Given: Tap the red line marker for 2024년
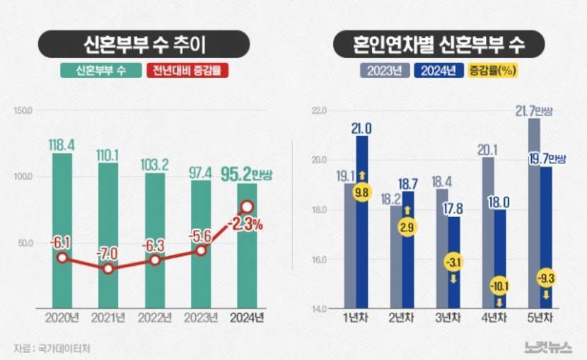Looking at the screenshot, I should (x=248, y=207).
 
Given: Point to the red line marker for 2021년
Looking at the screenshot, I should (x=108, y=269).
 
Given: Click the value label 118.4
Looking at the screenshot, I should (x=62, y=144).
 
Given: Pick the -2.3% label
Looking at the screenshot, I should (x=245, y=225).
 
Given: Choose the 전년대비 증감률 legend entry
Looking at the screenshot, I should (x=189, y=71).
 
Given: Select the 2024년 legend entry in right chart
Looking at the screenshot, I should (x=437, y=71).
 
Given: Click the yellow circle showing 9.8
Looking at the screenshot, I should (x=362, y=191).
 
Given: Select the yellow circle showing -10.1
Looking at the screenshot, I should (x=500, y=286).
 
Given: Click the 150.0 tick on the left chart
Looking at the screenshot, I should (x=23, y=110).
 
